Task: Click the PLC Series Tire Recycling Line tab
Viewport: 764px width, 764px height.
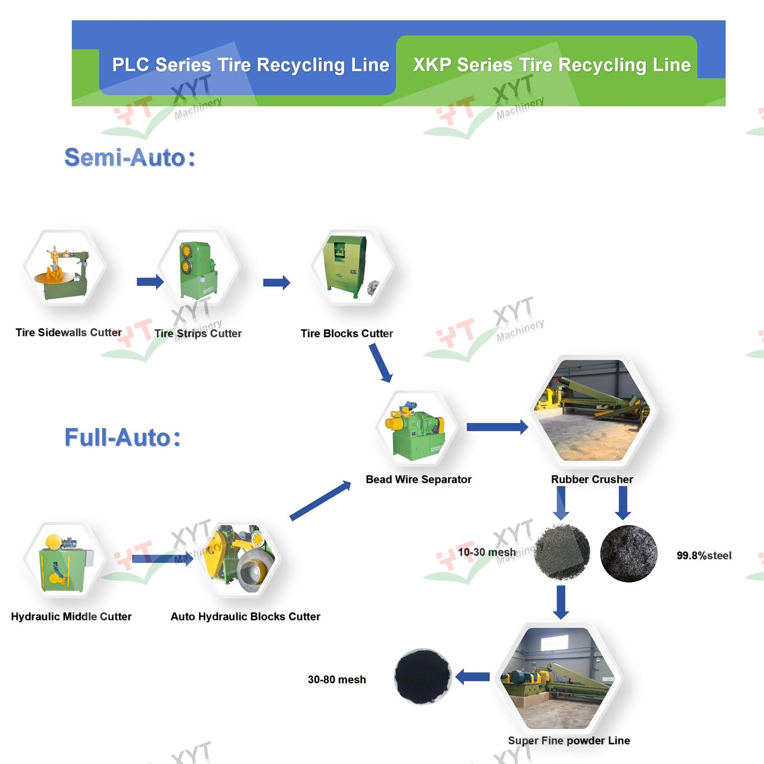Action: click(x=247, y=65)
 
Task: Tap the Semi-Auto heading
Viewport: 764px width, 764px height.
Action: click(x=130, y=158)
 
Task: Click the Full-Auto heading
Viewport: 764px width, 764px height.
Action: click(x=123, y=437)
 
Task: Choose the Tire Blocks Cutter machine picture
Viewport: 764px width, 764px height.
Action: click(x=352, y=267)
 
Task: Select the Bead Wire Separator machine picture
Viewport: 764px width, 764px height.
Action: click(x=417, y=428)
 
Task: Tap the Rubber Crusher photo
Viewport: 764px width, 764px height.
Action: click(x=593, y=411)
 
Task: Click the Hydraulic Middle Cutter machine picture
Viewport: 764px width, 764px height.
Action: click(x=64, y=560)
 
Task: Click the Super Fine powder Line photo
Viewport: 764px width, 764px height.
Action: click(x=559, y=678)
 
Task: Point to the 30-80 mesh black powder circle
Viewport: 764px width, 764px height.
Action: click(x=423, y=676)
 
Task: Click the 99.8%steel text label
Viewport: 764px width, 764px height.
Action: click(x=704, y=555)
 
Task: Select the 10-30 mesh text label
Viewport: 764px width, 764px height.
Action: click(x=487, y=552)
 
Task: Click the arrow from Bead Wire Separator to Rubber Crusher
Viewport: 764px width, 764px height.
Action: click(x=497, y=427)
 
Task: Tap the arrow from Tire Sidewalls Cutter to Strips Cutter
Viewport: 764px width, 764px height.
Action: click(x=150, y=282)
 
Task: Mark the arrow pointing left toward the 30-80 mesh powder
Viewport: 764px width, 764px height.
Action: click(x=473, y=677)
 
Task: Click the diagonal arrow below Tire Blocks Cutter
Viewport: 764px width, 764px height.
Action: click(x=381, y=363)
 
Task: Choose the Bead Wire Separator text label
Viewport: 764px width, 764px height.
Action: click(x=418, y=479)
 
